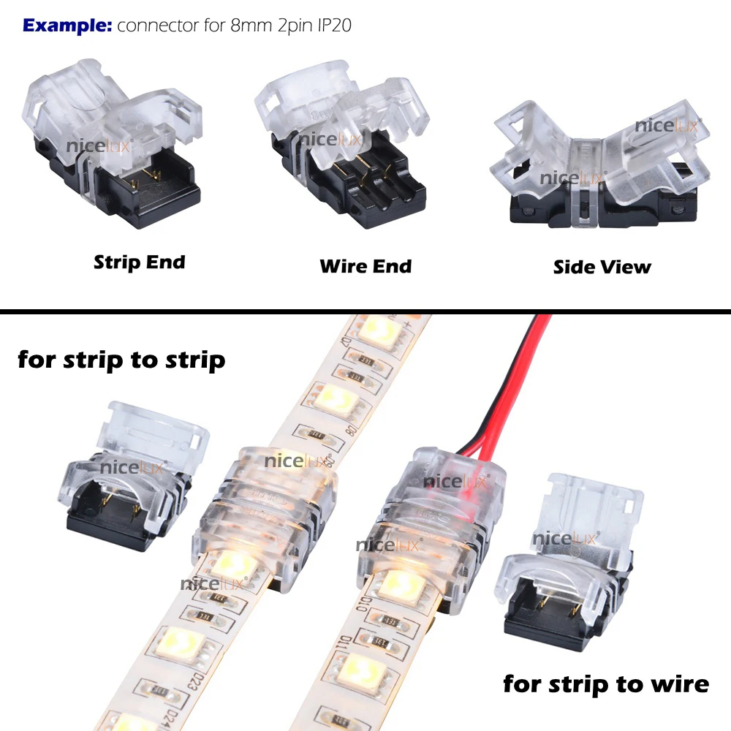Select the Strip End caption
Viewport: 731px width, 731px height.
139,262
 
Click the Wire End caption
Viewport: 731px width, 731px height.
365,265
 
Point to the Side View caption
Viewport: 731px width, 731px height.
602,267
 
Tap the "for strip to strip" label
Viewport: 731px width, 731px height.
121,360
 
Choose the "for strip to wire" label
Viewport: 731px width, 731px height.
606,684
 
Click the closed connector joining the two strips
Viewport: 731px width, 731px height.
263,512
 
